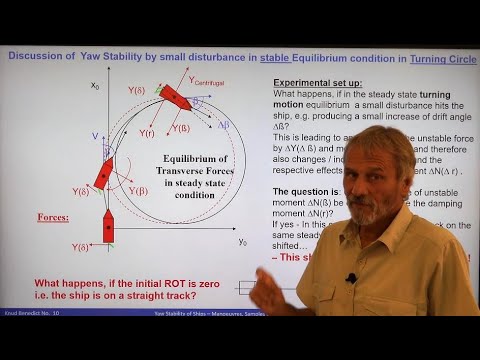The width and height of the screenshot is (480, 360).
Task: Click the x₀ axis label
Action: pyautogui.click(x=96, y=86)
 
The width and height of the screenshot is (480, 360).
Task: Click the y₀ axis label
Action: pyautogui.click(x=243, y=242)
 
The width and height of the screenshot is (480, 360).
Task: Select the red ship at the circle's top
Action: pyautogui.click(x=175, y=97)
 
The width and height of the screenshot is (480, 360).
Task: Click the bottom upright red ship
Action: pyautogui.click(x=108, y=226)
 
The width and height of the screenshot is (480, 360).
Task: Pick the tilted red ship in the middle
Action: pyautogui.click(x=105, y=173)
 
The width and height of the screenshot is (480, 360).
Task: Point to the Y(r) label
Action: pyautogui.click(x=146, y=132)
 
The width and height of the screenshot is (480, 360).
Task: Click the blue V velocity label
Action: pyautogui.click(x=95, y=135)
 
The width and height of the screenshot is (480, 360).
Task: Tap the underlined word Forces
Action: pyautogui.click(x=53, y=213)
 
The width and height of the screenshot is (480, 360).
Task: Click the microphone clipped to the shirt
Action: pyautogui.click(x=351, y=277)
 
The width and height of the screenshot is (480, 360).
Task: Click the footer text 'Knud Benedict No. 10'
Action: pyautogui.click(x=33, y=311)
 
